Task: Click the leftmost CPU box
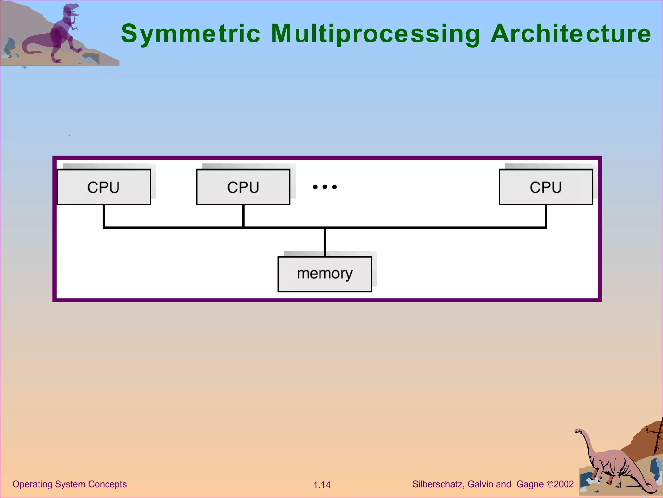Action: tap(104, 187)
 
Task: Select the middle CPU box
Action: tap(243, 187)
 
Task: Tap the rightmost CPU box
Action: tap(546, 187)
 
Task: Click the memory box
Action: tap(325, 274)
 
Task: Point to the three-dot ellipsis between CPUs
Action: tap(325, 187)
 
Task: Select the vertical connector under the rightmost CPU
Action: tap(546, 216)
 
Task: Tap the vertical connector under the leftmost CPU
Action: tap(104, 216)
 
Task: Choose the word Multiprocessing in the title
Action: tap(376, 34)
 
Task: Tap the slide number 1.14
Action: tap(322, 485)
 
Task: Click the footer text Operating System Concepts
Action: tap(69, 484)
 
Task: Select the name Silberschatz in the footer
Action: tap(438, 484)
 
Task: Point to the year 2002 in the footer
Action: tap(564, 484)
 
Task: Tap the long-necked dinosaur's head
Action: tap(578, 431)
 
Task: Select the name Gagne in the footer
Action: tap(530, 484)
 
